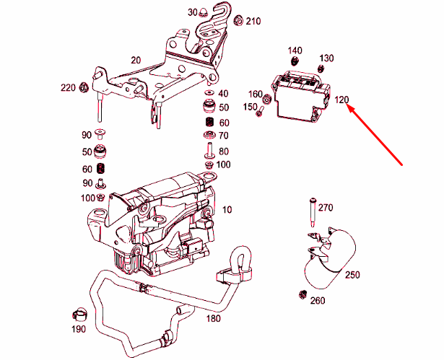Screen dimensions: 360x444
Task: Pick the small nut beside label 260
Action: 303,295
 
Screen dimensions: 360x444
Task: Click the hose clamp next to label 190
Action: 81,315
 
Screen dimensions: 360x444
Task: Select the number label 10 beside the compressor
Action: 228,209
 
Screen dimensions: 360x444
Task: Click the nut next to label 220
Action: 83,89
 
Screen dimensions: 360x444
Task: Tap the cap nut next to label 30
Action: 204,12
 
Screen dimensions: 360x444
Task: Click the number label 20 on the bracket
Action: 136,60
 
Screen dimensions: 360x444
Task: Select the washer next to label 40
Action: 209,94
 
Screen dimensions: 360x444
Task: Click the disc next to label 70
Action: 209,136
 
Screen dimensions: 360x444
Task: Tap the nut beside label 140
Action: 295,61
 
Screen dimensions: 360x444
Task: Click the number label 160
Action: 255,95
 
